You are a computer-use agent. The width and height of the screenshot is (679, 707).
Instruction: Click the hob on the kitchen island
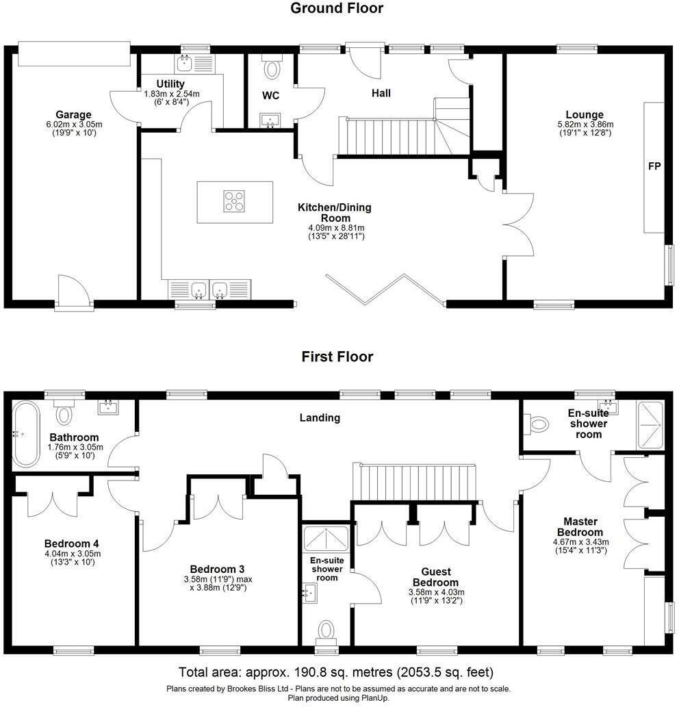click(x=235, y=201)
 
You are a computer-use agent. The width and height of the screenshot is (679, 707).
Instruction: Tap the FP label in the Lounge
click(x=654, y=166)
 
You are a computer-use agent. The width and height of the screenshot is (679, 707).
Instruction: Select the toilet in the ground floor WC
click(x=272, y=67)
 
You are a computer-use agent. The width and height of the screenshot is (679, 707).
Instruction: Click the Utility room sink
click(x=184, y=64)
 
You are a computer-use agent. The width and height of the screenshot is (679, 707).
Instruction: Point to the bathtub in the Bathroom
click(x=25, y=434)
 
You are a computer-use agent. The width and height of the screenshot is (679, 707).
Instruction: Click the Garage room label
click(x=73, y=114)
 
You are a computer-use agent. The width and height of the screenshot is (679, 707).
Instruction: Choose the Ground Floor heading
click(x=337, y=8)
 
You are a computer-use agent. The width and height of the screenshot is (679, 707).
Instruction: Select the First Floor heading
click(x=337, y=357)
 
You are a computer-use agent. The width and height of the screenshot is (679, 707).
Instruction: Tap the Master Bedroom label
click(x=580, y=526)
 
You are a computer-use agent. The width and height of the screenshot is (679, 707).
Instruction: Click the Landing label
click(x=320, y=418)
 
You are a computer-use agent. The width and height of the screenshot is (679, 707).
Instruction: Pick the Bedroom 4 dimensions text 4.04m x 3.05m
click(x=73, y=554)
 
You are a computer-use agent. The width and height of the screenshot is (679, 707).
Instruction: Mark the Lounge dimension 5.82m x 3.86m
click(x=585, y=125)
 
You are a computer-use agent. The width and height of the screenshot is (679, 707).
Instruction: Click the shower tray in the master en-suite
click(x=650, y=425)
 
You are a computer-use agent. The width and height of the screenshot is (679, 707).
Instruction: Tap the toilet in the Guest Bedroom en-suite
click(x=326, y=630)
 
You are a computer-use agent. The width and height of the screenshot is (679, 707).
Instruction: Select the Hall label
click(x=381, y=93)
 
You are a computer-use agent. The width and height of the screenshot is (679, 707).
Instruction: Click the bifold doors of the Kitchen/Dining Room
click(x=386, y=290)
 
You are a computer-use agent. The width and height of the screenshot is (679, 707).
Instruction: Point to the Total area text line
click(x=336, y=672)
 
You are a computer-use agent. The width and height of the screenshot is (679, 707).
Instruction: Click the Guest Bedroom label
click(x=435, y=577)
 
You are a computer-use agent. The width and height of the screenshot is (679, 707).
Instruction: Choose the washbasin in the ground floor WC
click(x=270, y=120)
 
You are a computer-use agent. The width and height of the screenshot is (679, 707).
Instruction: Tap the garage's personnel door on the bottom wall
click(x=75, y=292)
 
